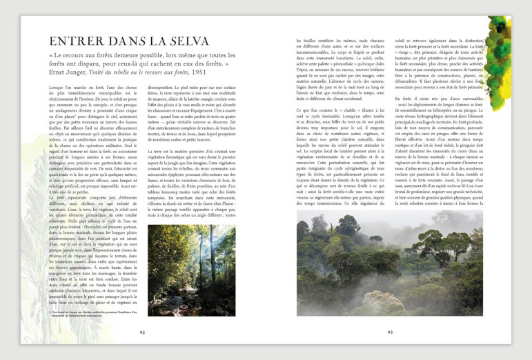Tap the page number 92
click(x=141, y=331)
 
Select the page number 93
click(x=389, y=331)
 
